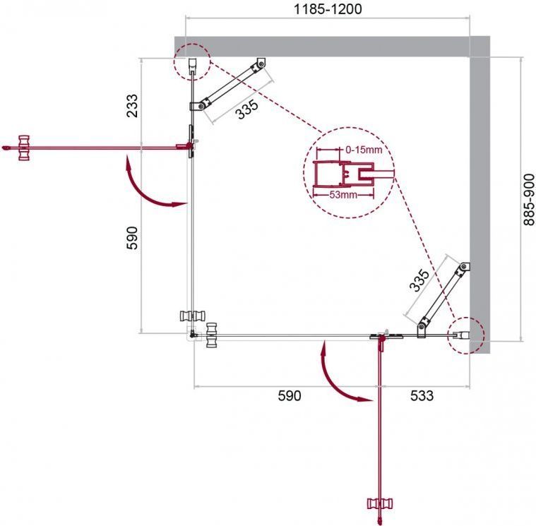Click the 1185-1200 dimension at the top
coord(328,9)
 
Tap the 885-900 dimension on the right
coord(529,200)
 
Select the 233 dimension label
coord(132,106)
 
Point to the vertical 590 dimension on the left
coord(132,238)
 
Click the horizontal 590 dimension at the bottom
coord(290,395)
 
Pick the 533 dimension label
coord(422,395)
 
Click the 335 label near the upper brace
coord(247,109)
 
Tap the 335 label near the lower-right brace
coord(419,280)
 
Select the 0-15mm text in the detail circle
coord(364,150)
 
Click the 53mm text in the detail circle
coord(343,195)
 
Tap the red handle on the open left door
coord(24,148)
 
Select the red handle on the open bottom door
coord(379,503)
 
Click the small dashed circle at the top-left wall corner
coord(192,62)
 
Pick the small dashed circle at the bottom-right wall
coord(466,335)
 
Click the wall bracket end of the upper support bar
coord(261,64)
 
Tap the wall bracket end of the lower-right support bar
coord(464,267)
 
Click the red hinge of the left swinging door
coord(188,146)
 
